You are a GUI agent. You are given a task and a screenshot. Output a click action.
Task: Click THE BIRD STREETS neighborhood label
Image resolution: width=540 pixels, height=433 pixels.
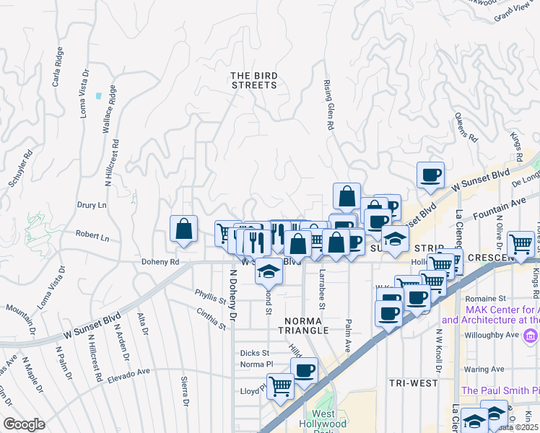[x=253, y=80]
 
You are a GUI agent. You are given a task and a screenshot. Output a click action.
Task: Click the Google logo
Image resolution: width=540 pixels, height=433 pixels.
[x=24, y=424]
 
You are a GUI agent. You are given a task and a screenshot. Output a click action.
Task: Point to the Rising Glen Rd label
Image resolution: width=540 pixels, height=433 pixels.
[x=328, y=105]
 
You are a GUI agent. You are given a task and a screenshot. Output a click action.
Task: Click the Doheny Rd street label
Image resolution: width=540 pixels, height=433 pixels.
[x=160, y=263]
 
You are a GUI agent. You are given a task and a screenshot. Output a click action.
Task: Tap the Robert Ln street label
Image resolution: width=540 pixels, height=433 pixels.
[x=93, y=237]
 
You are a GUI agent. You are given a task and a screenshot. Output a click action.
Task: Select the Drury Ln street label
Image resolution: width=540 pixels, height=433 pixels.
[x=92, y=205]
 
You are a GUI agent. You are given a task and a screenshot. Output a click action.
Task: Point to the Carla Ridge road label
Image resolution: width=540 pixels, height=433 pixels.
[x=56, y=69]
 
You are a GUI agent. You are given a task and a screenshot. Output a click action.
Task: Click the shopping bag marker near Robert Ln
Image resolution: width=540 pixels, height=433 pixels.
[x=184, y=229]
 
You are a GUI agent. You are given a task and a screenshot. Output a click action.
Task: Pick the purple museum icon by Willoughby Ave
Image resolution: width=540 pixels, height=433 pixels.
[x=531, y=336]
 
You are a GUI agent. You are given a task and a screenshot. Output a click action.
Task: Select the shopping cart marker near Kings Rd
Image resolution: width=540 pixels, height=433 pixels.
[x=521, y=244]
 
